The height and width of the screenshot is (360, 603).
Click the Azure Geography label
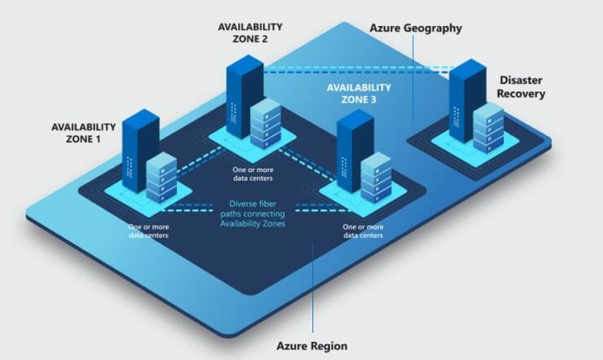416,29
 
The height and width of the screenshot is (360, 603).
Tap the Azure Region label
313,346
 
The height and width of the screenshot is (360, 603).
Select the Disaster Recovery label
522,87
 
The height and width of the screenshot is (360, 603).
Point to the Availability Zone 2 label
249,33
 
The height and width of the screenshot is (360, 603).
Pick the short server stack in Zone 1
161,177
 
